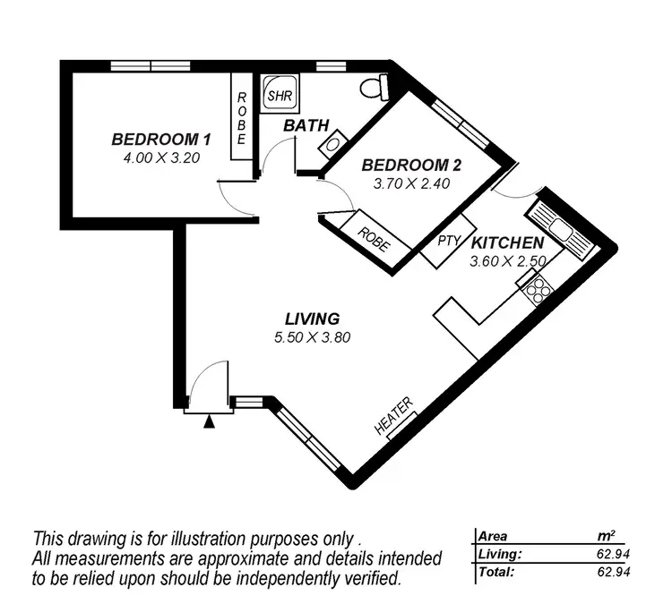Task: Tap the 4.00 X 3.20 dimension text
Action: click(x=161, y=157)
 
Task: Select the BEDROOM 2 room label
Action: click(x=410, y=166)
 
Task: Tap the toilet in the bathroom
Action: click(x=374, y=88)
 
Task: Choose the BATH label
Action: click(x=306, y=125)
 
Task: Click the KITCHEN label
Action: click(x=507, y=243)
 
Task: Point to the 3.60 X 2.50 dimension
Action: click(x=507, y=261)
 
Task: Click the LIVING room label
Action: click(x=312, y=319)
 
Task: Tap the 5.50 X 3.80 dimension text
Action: click(x=312, y=337)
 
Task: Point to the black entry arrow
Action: click(x=210, y=421)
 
